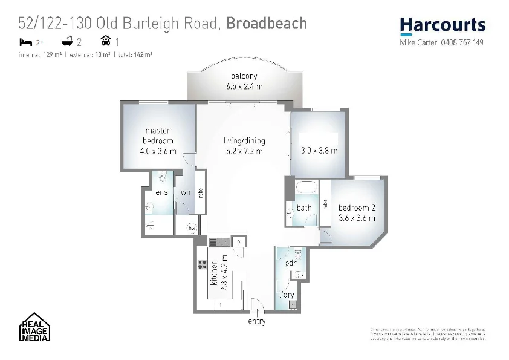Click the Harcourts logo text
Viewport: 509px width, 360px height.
[x=443, y=25]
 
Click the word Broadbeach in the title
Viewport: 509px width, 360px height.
[x=267, y=24]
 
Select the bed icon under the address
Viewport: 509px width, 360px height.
[x=25, y=42]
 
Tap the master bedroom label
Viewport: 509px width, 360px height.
[x=158, y=140]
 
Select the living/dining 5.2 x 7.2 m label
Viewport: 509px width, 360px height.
[x=244, y=146]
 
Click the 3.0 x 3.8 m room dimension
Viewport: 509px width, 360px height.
[x=319, y=151]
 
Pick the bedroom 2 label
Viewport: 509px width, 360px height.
[x=357, y=212]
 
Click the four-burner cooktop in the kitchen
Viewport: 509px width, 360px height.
[x=202, y=264]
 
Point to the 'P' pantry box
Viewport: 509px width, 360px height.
[x=239, y=241]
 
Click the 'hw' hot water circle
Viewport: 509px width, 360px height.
[x=192, y=228]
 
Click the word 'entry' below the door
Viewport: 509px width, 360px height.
[x=256, y=321]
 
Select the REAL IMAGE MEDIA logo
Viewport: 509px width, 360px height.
[x=33, y=329]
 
